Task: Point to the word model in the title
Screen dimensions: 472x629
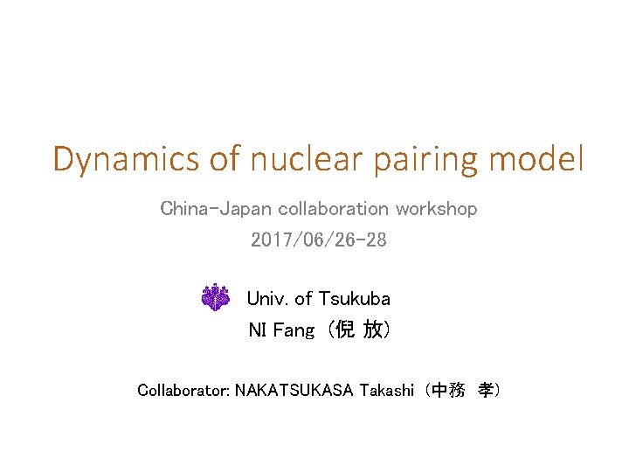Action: [536, 160]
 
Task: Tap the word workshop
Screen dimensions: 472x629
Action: [436, 210]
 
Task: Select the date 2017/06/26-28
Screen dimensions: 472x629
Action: [318, 239]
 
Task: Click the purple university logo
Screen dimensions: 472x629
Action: [215, 298]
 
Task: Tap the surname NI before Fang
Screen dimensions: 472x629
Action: [258, 330]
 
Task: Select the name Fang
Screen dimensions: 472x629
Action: [294, 330]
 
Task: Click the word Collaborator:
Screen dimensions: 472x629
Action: [183, 390]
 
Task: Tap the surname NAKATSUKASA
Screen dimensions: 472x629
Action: [293, 390]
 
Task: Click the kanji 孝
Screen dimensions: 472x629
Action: [483, 390]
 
